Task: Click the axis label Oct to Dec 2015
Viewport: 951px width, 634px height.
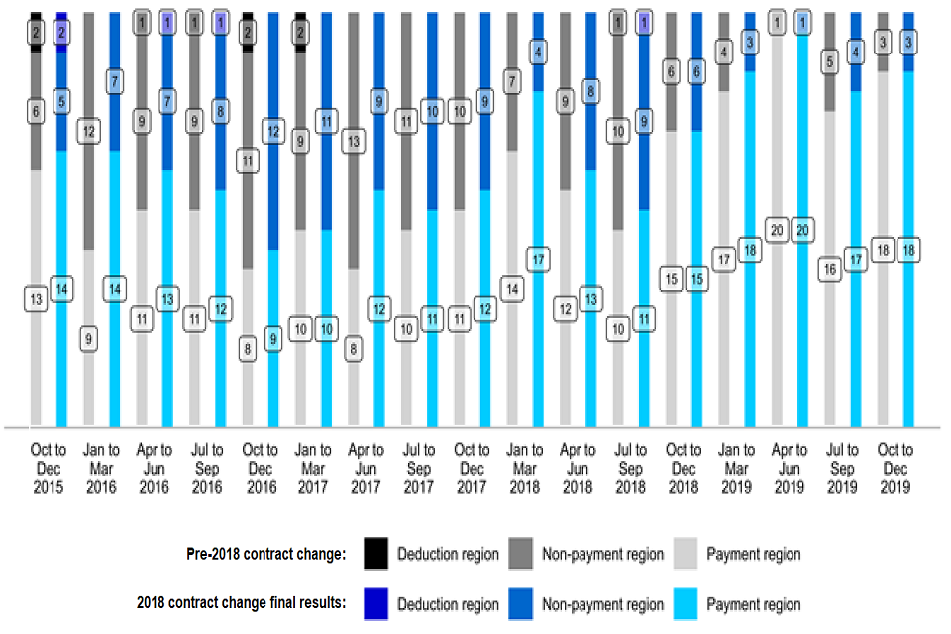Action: tap(49, 468)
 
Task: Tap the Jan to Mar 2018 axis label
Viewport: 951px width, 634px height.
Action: tap(525, 468)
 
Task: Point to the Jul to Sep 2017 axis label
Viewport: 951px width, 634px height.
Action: tap(419, 468)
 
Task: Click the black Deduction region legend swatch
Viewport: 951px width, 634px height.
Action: tap(375, 554)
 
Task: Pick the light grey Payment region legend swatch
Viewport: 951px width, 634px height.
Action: tap(686, 554)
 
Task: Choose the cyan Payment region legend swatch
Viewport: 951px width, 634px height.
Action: tap(686, 604)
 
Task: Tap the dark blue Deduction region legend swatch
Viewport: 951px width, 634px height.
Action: tap(375, 604)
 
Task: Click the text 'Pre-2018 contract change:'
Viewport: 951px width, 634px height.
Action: tap(267, 554)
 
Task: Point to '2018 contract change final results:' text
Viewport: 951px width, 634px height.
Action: tap(241, 604)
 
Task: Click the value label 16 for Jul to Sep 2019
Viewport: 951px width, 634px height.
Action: tap(830, 269)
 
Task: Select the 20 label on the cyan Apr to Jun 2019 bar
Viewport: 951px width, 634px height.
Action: tap(803, 230)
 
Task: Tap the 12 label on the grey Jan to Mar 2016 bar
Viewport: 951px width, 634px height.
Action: tap(89, 131)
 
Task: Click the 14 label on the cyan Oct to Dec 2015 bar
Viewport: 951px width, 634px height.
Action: tap(62, 289)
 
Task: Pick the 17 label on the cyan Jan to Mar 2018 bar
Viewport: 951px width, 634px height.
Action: tap(539, 260)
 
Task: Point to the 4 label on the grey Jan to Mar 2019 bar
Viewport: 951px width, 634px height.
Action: tap(724, 52)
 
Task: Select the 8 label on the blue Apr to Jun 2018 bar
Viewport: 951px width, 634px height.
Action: tap(591, 91)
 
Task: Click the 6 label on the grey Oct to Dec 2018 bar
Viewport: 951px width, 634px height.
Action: tap(671, 71)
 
